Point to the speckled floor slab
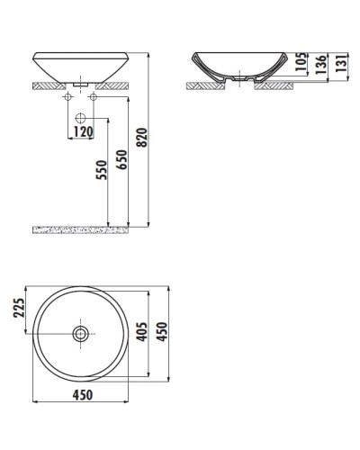pos(80,230)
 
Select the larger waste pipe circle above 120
pos(80,117)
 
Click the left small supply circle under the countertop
pos(69,97)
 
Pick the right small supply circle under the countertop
pos(91,97)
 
